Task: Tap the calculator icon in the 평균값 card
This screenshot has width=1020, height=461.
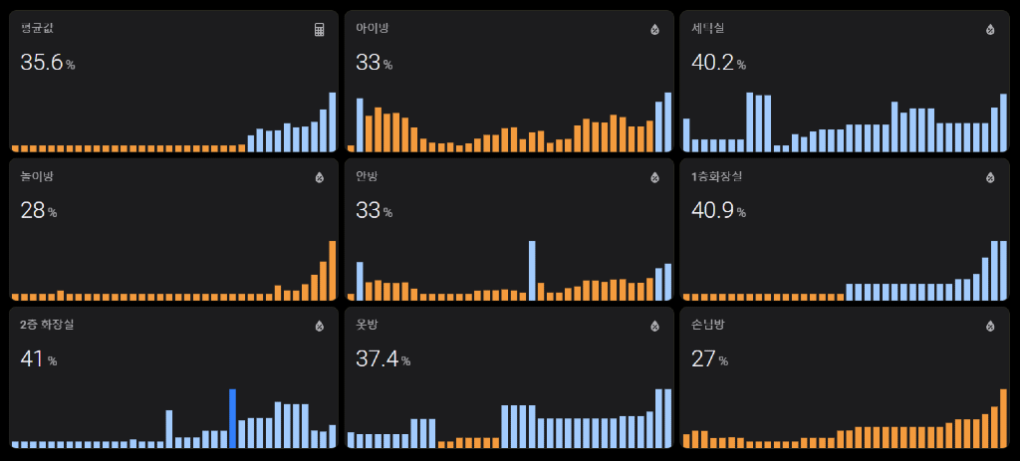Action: (x=320, y=30)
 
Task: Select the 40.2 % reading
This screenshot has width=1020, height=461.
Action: (x=718, y=63)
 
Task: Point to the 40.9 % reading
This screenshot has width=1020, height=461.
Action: (x=718, y=211)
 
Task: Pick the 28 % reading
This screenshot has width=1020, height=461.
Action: (x=38, y=211)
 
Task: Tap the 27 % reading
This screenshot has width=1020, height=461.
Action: (x=708, y=358)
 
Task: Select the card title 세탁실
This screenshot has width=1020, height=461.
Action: (x=708, y=29)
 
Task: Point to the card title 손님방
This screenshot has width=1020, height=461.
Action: (x=708, y=325)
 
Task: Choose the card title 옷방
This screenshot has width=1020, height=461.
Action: (x=367, y=325)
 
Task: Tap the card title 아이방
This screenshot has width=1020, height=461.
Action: (x=372, y=29)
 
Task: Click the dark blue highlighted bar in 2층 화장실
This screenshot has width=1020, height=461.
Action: (x=232, y=418)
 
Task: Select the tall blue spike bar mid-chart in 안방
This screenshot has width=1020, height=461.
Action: (x=532, y=270)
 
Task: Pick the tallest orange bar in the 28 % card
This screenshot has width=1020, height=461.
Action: (x=333, y=270)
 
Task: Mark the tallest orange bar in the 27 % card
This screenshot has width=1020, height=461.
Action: (x=1003, y=418)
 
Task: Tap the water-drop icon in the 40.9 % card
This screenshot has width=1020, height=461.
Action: (x=990, y=178)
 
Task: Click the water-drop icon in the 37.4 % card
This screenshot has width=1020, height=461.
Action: (x=654, y=326)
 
